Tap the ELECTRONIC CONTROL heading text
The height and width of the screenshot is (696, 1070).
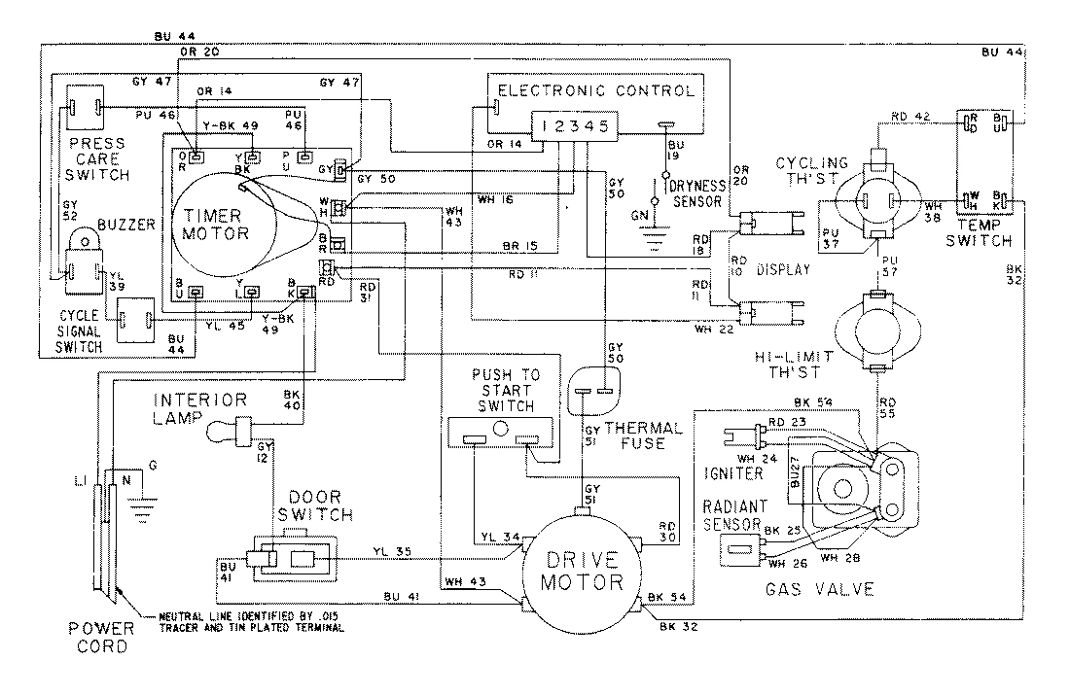[x=596, y=91]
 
